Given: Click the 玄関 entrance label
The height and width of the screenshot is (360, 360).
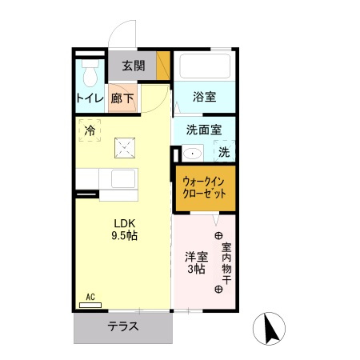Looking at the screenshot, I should coord(133,66).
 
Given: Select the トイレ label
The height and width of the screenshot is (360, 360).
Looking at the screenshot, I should coord(90,99).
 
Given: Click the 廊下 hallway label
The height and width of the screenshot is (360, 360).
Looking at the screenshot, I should coord(123,99).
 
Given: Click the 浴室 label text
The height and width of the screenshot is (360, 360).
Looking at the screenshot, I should coord(204,98).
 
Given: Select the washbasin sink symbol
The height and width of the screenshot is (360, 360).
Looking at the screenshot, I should coord(192,153).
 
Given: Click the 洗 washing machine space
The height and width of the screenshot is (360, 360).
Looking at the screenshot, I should coord(223,152).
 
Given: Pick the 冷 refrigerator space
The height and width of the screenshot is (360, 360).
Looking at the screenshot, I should coord(90,130).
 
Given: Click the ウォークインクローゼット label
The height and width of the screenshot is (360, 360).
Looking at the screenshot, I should coord(205,189).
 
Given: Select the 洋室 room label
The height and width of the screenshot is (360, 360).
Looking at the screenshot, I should coord(197,257).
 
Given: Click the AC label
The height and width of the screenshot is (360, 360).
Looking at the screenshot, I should coord(90,297).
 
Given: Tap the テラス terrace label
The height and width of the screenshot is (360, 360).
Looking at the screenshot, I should coord(123,326).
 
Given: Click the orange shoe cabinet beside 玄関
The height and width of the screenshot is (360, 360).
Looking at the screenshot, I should coord(163,66).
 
